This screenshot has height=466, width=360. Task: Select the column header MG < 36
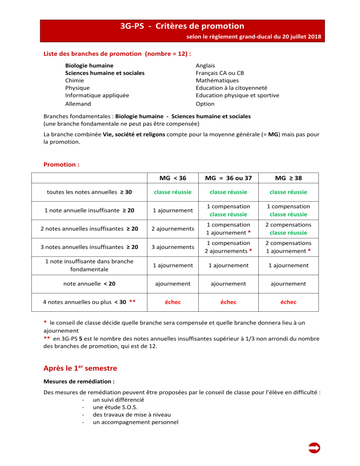pyautogui.click(x=173, y=178)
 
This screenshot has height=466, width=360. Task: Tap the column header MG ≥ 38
pyautogui.click(x=288, y=178)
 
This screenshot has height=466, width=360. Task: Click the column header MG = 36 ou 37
pyautogui.click(x=228, y=178)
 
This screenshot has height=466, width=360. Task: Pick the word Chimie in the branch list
pyautogui.click(x=75, y=81)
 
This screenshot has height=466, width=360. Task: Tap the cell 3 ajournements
pyautogui.click(x=173, y=247)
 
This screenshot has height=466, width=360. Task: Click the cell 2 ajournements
pyautogui.click(x=173, y=229)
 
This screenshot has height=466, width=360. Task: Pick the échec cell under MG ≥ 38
pyautogui.click(x=288, y=302)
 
